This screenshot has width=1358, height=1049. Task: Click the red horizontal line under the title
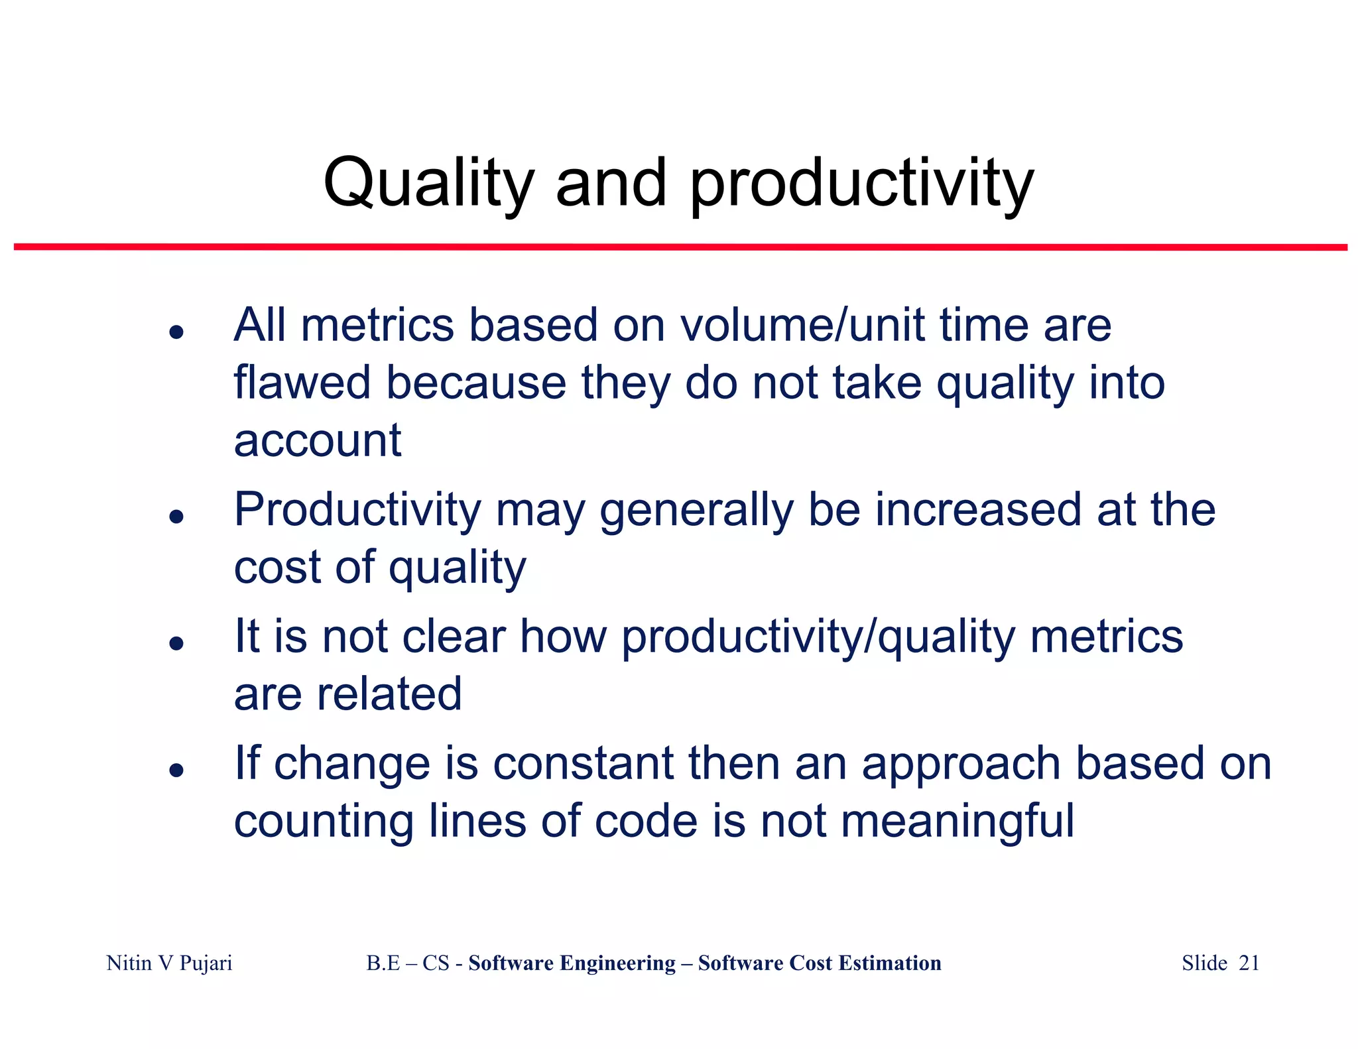point(680,247)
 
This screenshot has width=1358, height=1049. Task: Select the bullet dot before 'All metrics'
point(176,332)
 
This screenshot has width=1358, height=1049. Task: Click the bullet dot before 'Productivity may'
point(176,516)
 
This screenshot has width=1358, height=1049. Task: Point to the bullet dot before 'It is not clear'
point(176,643)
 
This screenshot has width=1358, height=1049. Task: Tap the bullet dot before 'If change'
point(176,769)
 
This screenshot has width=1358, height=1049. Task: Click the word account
point(318,441)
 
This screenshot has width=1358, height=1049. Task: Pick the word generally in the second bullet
point(696,511)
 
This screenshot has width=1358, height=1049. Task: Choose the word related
point(389,694)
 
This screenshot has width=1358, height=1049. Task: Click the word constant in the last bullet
point(583,763)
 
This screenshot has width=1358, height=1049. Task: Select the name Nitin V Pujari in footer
point(169,963)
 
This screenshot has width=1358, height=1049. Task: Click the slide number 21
point(1249,963)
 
